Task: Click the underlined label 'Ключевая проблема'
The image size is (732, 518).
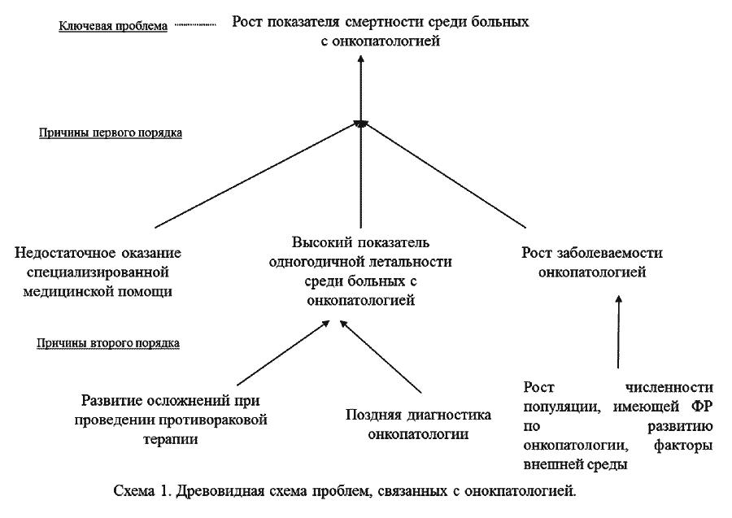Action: [x=113, y=26]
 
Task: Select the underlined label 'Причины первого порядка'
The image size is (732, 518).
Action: [x=111, y=133]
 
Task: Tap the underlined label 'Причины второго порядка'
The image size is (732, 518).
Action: [x=108, y=343]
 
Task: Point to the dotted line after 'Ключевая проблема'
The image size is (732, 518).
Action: [x=195, y=24]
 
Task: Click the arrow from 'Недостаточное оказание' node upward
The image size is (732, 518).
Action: [x=257, y=176]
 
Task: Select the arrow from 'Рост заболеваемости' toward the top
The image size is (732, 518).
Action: [x=444, y=175]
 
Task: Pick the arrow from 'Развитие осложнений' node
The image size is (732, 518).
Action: [x=283, y=353]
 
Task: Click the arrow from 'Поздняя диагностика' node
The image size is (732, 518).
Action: [x=381, y=356]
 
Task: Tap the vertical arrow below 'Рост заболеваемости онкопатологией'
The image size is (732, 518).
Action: [x=619, y=332]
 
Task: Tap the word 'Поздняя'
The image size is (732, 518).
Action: [x=372, y=416]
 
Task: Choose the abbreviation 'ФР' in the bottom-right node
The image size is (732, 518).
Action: [x=702, y=407]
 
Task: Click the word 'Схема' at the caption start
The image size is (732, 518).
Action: [x=134, y=491]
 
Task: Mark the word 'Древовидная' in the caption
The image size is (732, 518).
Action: [x=220, y=491]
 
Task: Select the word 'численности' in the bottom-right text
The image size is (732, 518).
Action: [x=669, y=388]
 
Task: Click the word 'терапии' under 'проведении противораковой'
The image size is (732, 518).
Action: [x=171, y=440]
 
